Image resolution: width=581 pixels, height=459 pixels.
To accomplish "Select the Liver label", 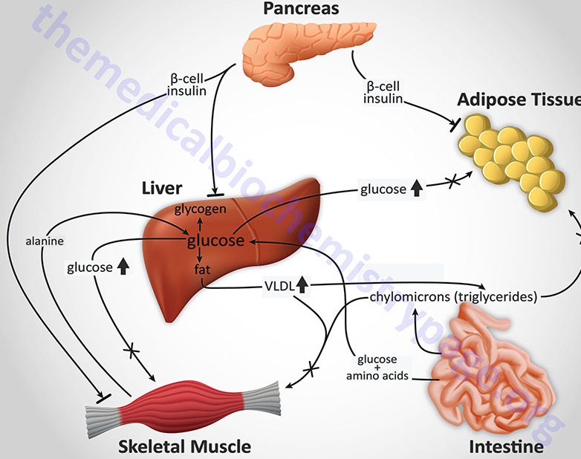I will (161, 187).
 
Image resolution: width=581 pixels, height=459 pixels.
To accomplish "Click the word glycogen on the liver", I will (200, 209).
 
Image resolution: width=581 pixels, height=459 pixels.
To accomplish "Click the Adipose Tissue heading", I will (518, 100).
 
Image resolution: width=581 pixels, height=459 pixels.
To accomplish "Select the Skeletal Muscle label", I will (185, 446).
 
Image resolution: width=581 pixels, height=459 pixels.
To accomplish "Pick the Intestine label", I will (506, 446).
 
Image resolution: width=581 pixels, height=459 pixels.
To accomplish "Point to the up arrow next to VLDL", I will (302, 284).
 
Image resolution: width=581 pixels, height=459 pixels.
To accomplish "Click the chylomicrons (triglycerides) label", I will (452, 298).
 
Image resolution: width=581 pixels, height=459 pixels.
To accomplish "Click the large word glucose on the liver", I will (215, 241).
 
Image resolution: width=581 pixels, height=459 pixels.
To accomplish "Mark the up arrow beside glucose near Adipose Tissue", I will (417, 189).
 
